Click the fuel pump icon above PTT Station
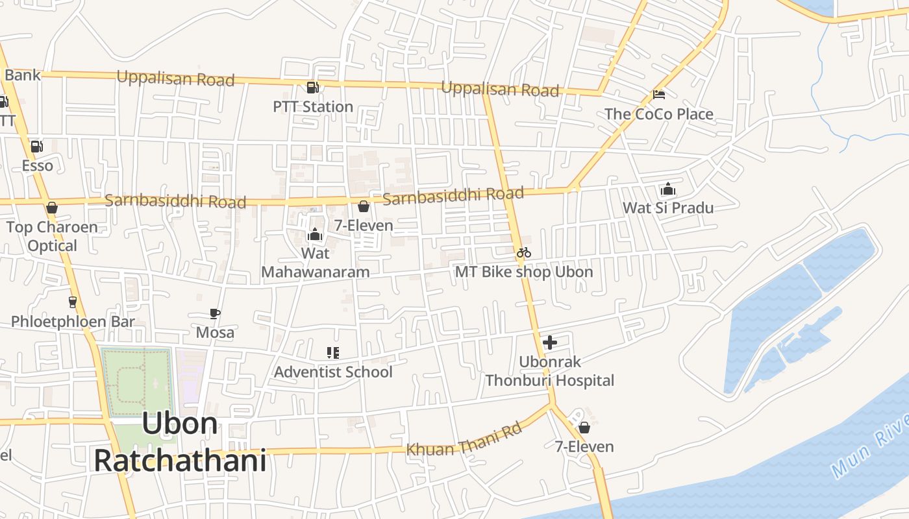tap(312, 88)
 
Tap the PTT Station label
tap(313, 106)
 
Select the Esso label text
tap(38, 165)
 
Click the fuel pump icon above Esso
tap(37, 147)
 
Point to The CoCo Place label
tap(658, 114)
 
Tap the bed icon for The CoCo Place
tap(658, 95)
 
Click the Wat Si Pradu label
tap(668, 208)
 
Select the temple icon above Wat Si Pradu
tap(668, 189)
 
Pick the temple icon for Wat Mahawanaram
tap(315, 234)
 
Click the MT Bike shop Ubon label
tap(523, 271)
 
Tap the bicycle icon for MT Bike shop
tap(524, 252)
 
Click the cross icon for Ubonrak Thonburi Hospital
tap(550, 343)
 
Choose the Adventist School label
tap(333, 372)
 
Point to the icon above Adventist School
tap(332, 353)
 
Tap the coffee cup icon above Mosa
tap(215, 314)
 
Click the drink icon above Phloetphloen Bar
tap(72, 302)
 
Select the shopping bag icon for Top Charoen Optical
tap(52, 208)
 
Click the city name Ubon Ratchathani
tap(180, 442)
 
